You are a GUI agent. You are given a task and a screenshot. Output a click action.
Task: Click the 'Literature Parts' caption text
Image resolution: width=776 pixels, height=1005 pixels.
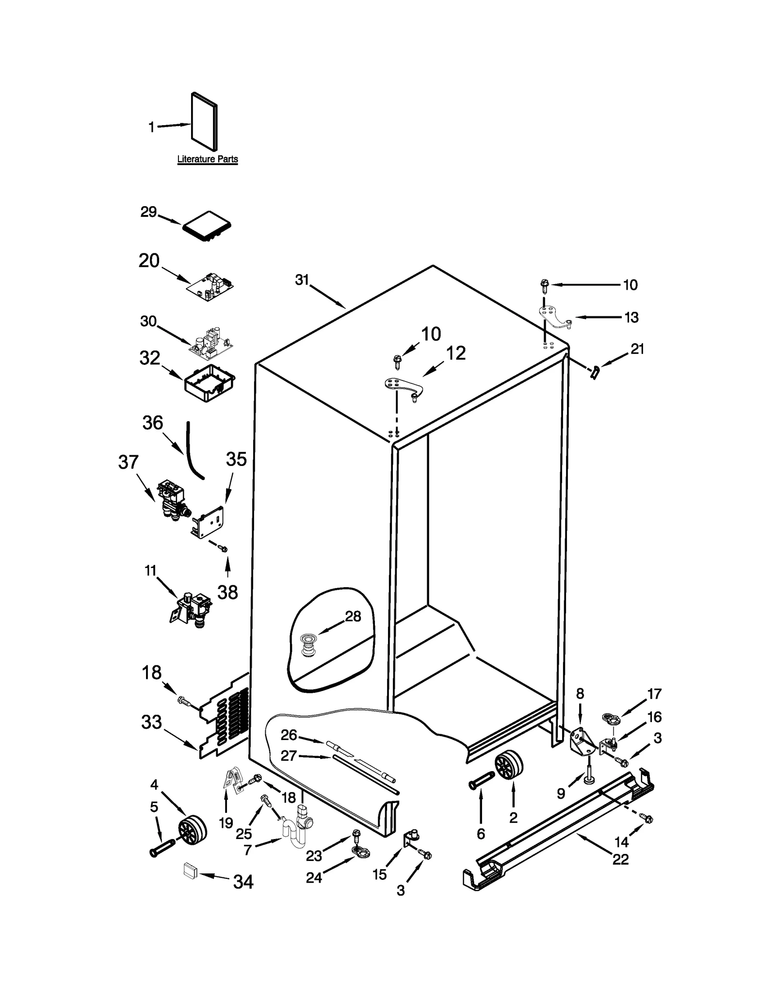[207, 159]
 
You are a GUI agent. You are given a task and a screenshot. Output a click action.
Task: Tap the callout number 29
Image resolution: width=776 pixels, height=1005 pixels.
[148, 212]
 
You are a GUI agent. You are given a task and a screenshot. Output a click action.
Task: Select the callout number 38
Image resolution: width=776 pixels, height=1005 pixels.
[227, 592]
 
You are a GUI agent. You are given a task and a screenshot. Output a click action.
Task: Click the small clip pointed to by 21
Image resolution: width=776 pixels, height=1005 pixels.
[594, 373]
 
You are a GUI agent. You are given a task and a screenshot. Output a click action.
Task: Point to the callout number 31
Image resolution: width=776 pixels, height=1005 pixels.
[302, 280]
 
